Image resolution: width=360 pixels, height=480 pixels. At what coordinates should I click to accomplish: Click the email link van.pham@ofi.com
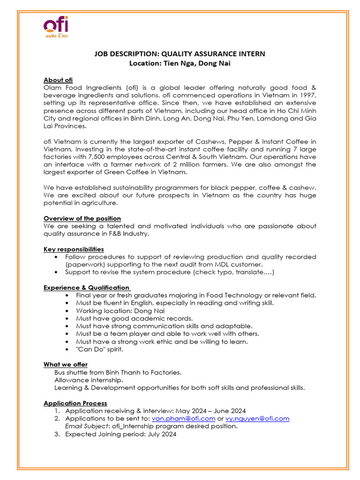[184, 418]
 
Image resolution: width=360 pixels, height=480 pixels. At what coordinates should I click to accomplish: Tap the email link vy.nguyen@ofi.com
[257, 418]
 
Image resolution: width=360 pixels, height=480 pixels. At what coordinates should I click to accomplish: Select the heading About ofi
[58, 80]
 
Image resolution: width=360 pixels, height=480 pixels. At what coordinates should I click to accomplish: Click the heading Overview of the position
[82, 218]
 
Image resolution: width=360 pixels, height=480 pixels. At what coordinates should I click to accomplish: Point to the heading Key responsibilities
[74, 249]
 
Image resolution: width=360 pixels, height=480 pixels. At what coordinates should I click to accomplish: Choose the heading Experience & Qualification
[86, 287]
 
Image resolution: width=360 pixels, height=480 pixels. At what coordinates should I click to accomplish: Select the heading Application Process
[75, 403]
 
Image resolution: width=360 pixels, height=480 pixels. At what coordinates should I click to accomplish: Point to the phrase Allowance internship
[82, 380]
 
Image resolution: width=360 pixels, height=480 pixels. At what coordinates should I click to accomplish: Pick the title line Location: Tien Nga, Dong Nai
[180, 63]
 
